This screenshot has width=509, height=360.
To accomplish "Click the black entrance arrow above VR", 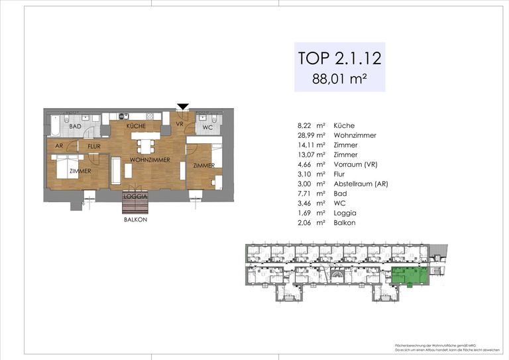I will click(184, 106).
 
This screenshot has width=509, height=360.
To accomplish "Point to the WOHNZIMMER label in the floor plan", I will click(149, 160).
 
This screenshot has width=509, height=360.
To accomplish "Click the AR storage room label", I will click(59, 146).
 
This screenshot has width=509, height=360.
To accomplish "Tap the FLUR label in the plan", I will click(93, 146).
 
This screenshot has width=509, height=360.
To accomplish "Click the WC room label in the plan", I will click(207, 127).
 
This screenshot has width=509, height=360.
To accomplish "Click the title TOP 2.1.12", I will click(339, 58).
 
